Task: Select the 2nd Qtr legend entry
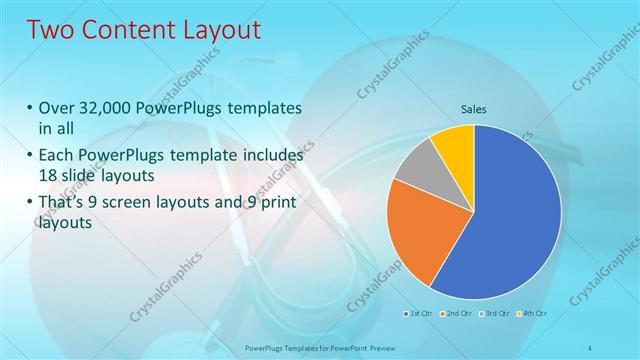[457, 314]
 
